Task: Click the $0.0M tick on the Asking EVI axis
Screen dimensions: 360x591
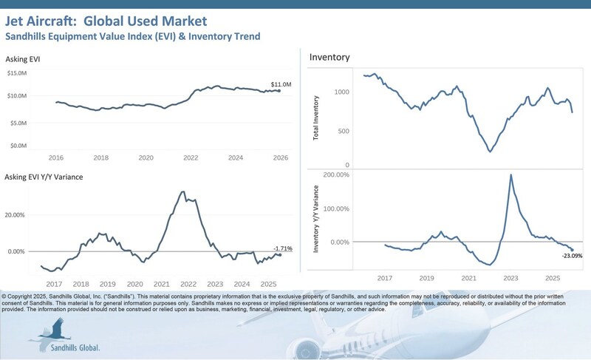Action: [x=18, y=146]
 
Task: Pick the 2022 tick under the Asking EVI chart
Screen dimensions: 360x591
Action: [x=190, y=158]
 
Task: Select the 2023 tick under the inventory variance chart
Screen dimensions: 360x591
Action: [x=511, y=278]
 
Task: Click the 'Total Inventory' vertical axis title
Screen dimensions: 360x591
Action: [x=317, y=119]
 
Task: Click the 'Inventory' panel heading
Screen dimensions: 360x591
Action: [x=329, y=57]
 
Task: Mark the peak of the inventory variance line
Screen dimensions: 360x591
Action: [x=511, y=174]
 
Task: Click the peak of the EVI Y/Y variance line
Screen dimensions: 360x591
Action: [x=183, y=192]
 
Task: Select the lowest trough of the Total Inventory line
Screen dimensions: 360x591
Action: [x=491, y=152]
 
